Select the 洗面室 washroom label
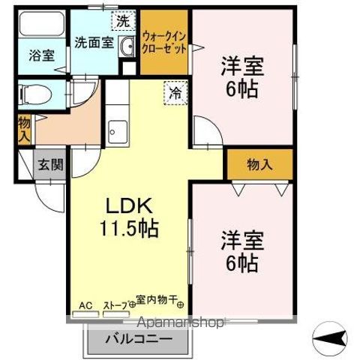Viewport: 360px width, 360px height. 93,43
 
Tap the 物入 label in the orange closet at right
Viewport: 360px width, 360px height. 259,164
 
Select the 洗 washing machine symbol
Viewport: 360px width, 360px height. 119,20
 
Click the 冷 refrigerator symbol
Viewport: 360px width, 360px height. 175,93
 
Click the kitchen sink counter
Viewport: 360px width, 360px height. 116,132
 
